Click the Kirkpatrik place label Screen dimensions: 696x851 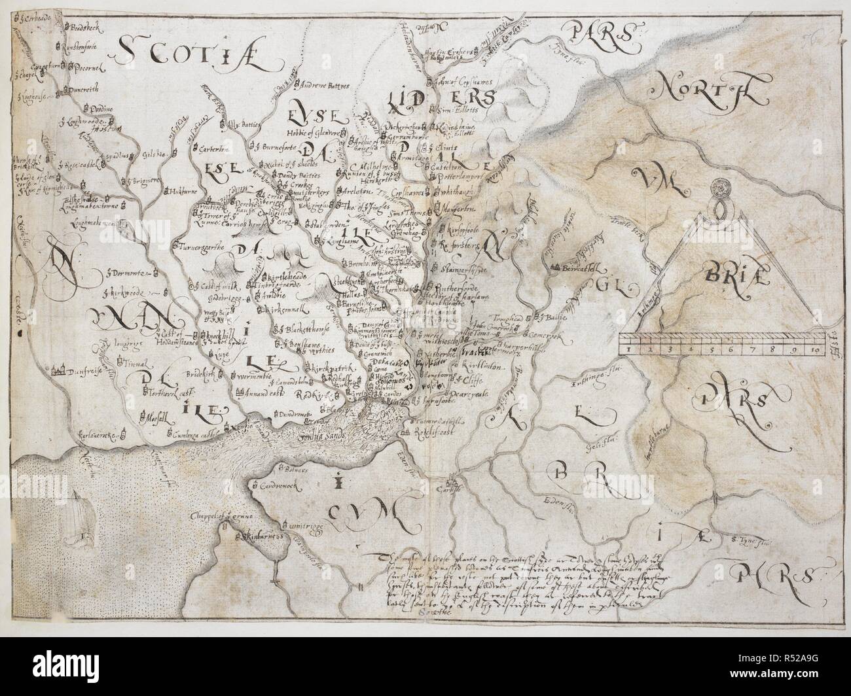pyautogui.click(x=329, y=369)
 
